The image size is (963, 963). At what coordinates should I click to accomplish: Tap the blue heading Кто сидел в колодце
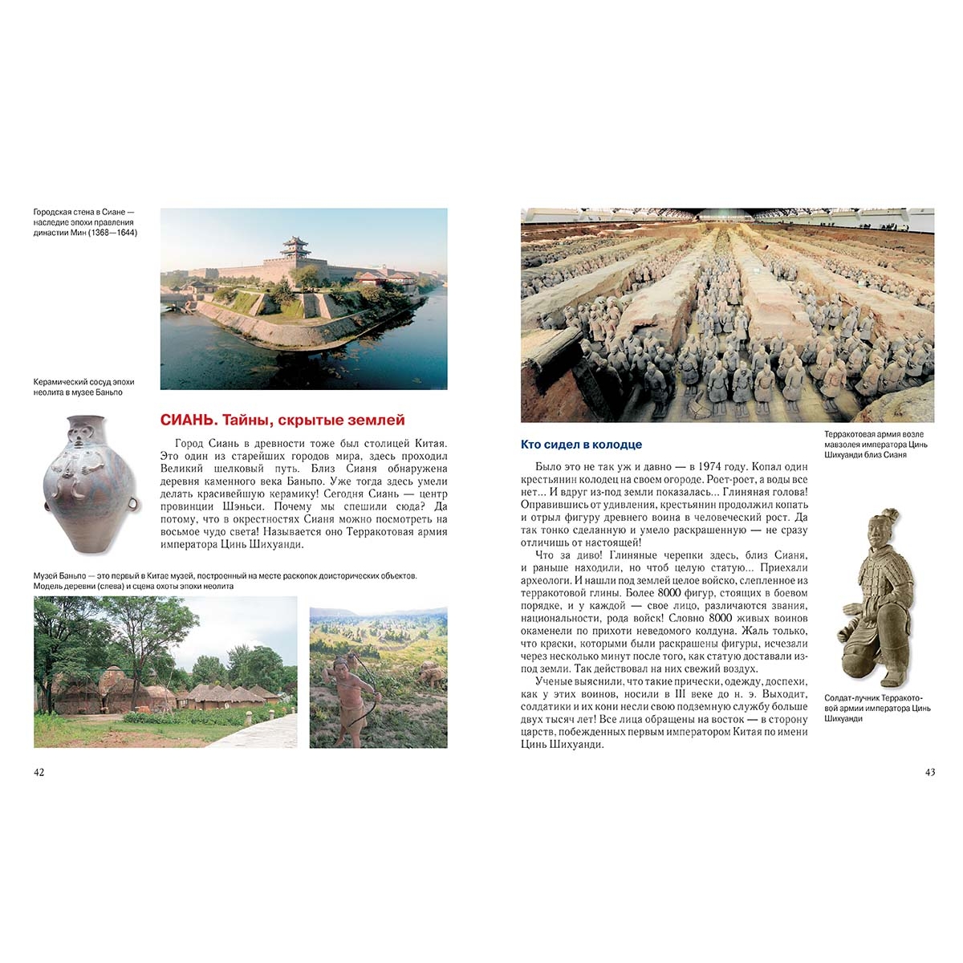[582, 445]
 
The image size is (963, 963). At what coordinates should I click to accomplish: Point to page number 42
[39, 772]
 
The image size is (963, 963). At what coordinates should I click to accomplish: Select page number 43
[930, 772]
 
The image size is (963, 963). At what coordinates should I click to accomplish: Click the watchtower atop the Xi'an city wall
[294, 249]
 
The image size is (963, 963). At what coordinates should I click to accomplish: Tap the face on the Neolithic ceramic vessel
[80, 438]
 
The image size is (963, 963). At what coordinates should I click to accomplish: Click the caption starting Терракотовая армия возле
[874, 434]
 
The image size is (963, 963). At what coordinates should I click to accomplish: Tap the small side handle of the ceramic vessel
[133, 503]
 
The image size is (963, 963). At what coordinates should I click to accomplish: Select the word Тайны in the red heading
[242, 420]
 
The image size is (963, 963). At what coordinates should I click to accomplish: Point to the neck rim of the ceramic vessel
[87, 419]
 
